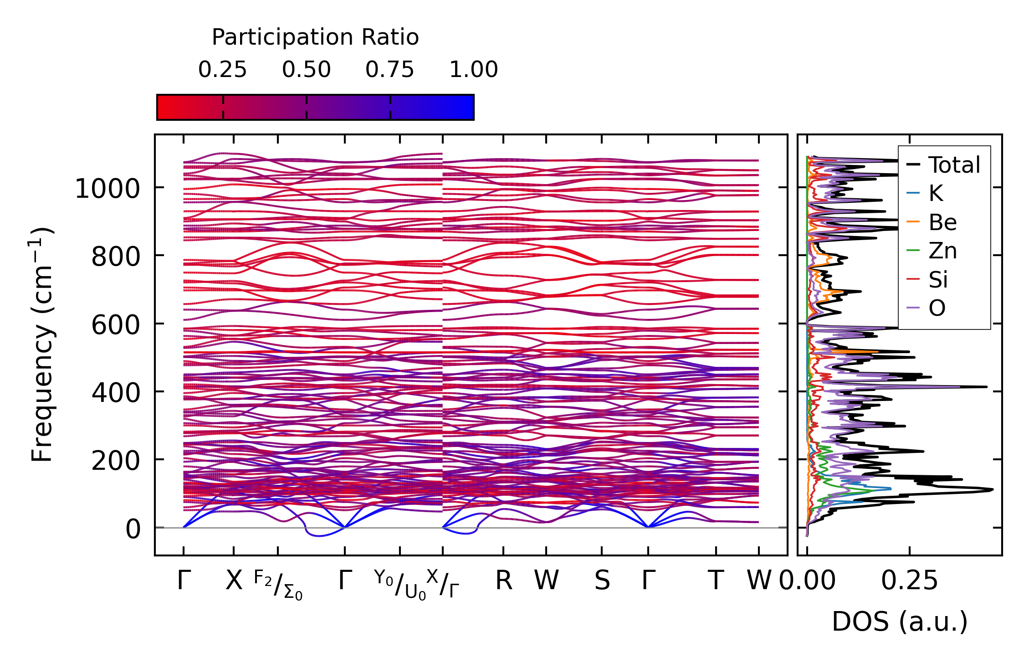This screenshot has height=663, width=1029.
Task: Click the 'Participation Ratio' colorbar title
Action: [315, 37]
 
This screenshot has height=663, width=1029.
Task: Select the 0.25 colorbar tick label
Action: [222, 70]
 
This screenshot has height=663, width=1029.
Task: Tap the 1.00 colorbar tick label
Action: [474, 70]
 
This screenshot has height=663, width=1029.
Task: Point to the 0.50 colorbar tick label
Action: [306, 70]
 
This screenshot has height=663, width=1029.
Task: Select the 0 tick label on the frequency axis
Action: [133, 529]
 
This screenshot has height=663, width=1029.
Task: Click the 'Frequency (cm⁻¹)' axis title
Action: [42, 345]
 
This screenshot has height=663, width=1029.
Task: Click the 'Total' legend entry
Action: [954, 165]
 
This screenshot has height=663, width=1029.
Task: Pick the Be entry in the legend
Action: [942, 222]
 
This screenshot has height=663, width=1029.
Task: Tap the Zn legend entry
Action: [942, 251]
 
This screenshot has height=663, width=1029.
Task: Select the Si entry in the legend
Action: [938, 280]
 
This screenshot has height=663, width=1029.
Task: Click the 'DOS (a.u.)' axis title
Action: [900, 622]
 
